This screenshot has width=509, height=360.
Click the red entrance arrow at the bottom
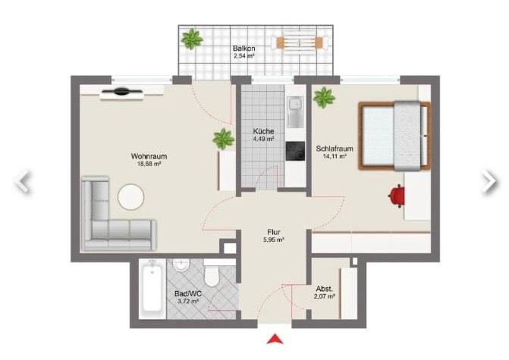tap(275, 339)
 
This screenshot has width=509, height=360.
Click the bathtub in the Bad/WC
tap(152, 289)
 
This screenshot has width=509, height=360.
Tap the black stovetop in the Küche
tap(294, 152)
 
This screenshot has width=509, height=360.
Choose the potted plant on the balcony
tap(192, 39)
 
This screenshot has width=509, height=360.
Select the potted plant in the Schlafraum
tap(325, 98)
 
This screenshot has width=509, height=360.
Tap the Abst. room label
tap(325, 290)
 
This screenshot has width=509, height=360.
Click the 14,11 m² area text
tap(331, 157)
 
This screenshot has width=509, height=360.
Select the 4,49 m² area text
tap(264, 139)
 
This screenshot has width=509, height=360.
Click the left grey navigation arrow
tap(24, 180)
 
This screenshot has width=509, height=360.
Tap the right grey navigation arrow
tap(489, 180)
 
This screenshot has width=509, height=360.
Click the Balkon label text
tap(244, 49)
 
